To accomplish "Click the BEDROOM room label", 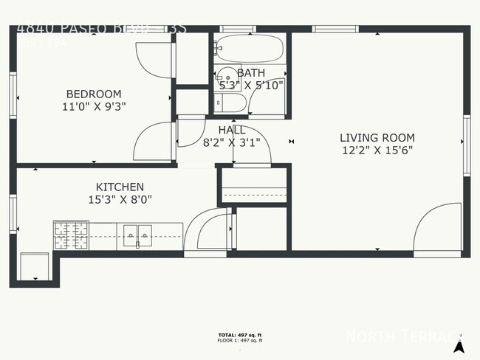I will [x=94, y=94].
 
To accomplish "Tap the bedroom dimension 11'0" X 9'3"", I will [x=94, y=106].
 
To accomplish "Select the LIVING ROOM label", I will [x=377, y=137].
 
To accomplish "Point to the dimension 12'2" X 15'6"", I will [x=377, y=150].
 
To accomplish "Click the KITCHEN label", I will [x=120, y=187].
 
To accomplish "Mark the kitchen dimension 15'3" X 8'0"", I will [x=120, y=199].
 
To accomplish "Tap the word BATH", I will [x=251, y=73].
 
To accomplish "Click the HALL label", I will [x=232, y=130].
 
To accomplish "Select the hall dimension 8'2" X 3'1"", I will [x=232, y=143].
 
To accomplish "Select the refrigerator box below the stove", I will [x=34, y=266].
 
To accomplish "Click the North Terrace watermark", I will [x=405, y=336].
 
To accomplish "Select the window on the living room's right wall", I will [x=466, y=145].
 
